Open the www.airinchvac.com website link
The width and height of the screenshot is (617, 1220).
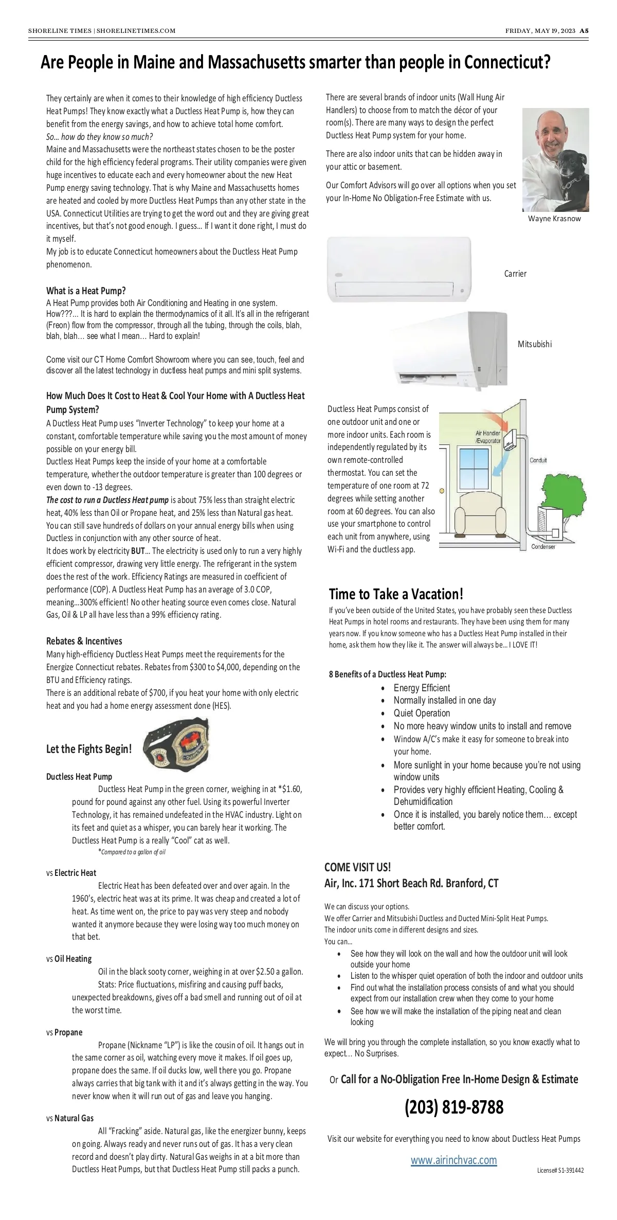pyautogui.click(x=454, y=1160)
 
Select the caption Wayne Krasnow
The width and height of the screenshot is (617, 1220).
pyautogui.click(x=554, y=219)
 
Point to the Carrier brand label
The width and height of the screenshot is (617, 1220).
pyautogui.click(x=515, y=274)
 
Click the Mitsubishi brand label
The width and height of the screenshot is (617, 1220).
pyautogui.click(x=535, y=344)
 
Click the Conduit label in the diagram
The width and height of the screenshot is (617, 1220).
pyautogui.click(x=538, y=460)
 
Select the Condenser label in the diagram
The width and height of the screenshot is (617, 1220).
pyautogui.click(x=543, y=547)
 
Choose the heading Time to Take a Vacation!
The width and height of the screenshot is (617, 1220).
pyautogui.click(x=396, y=594)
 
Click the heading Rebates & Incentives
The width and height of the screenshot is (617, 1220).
pyautogui.click(x=84, y=641)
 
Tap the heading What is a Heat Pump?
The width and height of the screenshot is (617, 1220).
pyautogui.click(x=86, y=291)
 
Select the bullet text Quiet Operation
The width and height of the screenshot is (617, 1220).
pyautogui.click(x=422, y=713)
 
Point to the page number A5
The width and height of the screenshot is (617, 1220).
pyautogui.click(x=584, y=30)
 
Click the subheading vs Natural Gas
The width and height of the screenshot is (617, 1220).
pyautogui.click(x=70, y=1118)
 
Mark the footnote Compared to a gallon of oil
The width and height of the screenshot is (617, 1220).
pyautogui.click(x=133, y=852)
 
